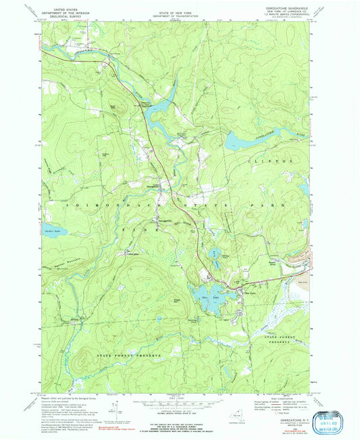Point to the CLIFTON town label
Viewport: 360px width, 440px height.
(279, 162)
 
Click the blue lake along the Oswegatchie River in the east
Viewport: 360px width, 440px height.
(238, 140)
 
